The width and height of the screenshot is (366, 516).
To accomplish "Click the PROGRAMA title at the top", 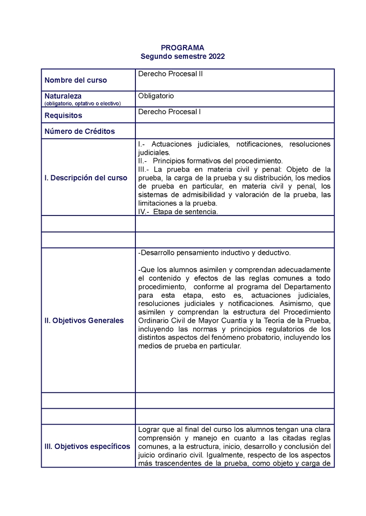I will pyautogui.click(x=183, y=47).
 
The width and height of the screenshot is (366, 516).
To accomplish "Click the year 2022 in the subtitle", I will pyautogui.click(x=216, y=57).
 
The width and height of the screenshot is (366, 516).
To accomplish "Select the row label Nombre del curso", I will pyautogui.click(x=75, y=80).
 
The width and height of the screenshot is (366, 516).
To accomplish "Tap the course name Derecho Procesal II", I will pyautogui.click(x=170, y=74).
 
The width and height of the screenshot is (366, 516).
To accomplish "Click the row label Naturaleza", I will pyautogui.click(x=63, y=96).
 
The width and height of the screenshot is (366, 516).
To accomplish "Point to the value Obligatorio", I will pyautogui.click(x=156, y=96).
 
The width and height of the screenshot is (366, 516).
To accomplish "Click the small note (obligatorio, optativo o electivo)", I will pyautogui.click(x=82, y=104).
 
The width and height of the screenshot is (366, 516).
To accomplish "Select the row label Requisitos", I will pyautogui.click(x=63, y=116).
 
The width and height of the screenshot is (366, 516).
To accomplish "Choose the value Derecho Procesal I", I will pyautogui.click(x=169, y=111).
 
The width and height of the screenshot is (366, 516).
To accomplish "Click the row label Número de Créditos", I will pyautogui.click(x=80, y=132).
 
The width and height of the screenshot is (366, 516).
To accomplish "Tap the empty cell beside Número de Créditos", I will pyautogui.click(x=234, y=131).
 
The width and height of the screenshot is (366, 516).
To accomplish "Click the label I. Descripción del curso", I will pyautogui.click(x=86, y=178).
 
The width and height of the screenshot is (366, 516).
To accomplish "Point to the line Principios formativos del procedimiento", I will pyautogui.click(x=218, y=161).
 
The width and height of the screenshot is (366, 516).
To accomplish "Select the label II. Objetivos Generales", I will pyautogui.click(x=84, y=321).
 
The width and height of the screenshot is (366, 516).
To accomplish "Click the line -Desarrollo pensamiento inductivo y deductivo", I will pyautogui.click(x=214, y=253).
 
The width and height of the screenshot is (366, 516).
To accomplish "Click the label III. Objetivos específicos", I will pyautogui.click(x=87, y=446).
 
